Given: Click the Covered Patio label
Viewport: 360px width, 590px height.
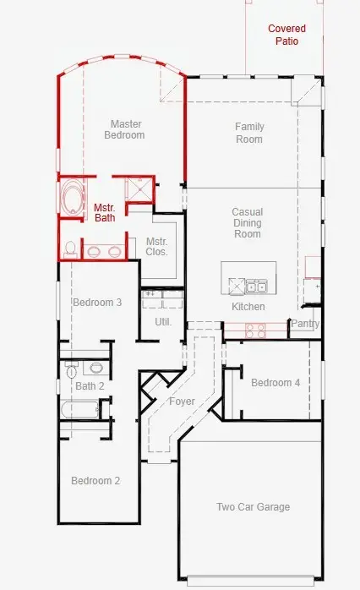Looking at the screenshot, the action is click(286, 35).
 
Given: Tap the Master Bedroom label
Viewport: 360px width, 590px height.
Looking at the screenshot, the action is click(124, 129).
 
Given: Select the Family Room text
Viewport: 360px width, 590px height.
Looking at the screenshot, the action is click(249, 133).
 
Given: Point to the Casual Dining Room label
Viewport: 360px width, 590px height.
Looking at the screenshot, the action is click(248, 223).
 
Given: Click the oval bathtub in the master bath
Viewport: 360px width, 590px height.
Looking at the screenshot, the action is click(73, 197).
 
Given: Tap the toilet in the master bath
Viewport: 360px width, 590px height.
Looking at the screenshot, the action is click(70, 250).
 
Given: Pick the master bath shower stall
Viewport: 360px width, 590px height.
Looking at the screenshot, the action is click(139, 189).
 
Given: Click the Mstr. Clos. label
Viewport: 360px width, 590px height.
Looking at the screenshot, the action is click(157, 247).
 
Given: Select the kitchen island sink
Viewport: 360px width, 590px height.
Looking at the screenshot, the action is click(257, 287).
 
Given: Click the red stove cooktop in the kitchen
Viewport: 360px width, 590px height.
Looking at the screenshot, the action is click(255, 331).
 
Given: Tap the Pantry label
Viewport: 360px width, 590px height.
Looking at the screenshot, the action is click(305, 323).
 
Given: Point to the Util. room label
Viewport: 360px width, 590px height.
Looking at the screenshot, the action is click(163, 322).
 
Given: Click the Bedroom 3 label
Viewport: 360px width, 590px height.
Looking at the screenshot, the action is click(97, 303).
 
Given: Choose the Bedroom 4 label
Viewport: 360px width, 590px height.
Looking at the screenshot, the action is click(275, 383).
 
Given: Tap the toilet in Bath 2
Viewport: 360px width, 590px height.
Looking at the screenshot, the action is click(72, 369).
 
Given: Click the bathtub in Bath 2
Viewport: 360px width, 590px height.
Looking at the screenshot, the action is click(79, 410).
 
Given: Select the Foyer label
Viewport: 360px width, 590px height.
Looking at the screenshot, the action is click(182, 402).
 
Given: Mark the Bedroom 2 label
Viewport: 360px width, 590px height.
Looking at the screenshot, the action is click(95, 481).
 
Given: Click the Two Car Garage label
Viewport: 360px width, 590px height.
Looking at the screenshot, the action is click(254, 507).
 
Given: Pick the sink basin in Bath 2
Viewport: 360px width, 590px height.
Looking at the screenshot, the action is click(96, 367).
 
